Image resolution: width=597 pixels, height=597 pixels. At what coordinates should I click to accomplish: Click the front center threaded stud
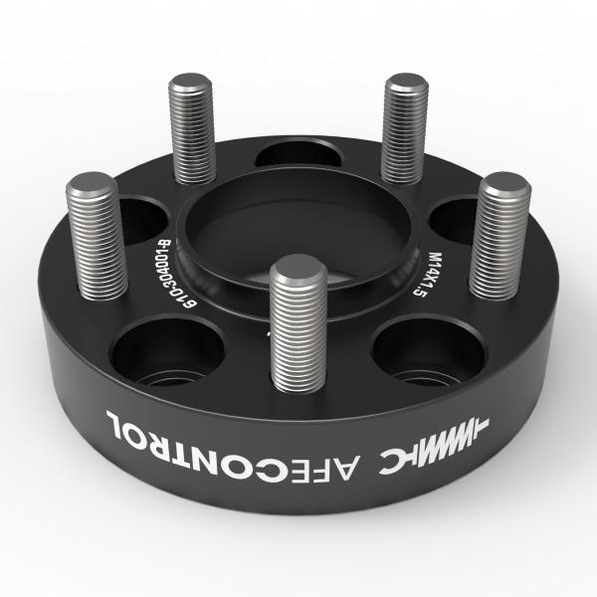click(x=298, y=323)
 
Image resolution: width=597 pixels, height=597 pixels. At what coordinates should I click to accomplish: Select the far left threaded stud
click(x=97, y=236)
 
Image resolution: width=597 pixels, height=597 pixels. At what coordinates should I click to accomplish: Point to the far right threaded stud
click(x=499, y=236)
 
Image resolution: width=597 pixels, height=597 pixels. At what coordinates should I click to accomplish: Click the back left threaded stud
click(x=192, y=128)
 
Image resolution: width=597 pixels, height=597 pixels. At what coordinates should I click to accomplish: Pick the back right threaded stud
click(x=404, y=128)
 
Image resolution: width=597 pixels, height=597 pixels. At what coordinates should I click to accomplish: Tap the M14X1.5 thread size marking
click(x=427, y=274)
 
